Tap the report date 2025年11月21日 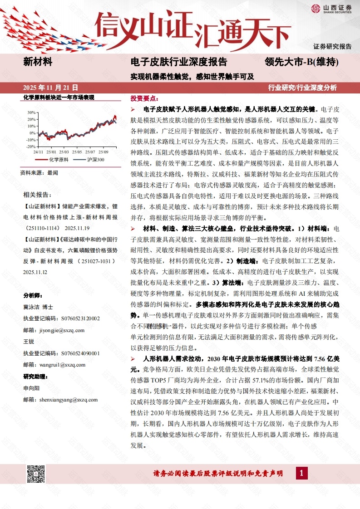50,87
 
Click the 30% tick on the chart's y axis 31,112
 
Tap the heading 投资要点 144,98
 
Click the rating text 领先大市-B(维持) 302,62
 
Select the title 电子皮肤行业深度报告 178,62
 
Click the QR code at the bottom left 36,474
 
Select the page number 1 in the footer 302,474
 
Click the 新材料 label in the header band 38,62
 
